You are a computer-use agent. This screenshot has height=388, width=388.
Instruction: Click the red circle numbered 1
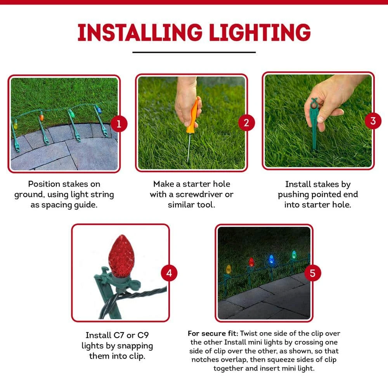click(119, 124)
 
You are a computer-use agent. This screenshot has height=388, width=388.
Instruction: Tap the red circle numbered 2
click(246, 123)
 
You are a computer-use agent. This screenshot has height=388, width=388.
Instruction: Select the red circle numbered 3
click(373, 121)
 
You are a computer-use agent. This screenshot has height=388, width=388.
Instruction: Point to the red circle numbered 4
click(169, 273)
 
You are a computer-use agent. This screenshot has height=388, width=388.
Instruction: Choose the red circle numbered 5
click(312, 273)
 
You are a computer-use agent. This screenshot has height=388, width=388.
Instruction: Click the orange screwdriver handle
click(193, 116)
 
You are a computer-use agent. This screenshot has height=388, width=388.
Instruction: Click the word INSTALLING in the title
click(140, 33)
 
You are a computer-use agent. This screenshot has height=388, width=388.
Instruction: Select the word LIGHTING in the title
click(260, 33)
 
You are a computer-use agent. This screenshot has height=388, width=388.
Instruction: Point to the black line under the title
click(194, 52)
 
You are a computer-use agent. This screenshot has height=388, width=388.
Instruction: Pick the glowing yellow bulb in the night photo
click(229, 269)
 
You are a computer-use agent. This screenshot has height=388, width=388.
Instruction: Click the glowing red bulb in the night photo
click(251, 262)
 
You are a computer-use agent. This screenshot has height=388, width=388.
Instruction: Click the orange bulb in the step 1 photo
click(42, 116)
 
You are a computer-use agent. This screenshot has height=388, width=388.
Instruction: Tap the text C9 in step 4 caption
click(143, 335)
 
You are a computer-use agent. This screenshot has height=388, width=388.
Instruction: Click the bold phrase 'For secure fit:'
click(213, 333)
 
